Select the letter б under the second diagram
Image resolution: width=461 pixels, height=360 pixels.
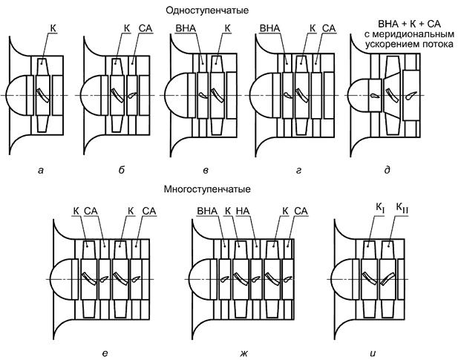120,171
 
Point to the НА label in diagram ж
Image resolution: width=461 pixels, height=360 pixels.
243,212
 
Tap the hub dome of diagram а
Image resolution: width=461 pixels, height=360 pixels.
16,95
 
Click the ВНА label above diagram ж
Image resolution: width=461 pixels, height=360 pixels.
206,212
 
